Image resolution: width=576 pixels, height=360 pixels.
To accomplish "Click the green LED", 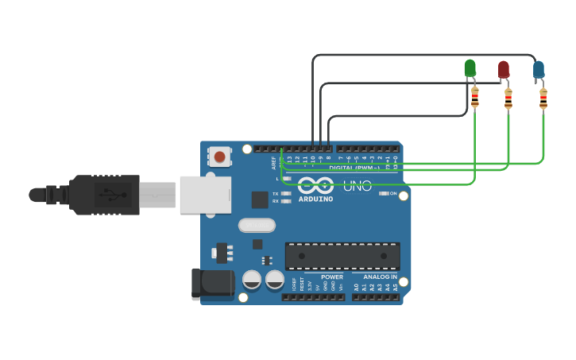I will click(470, 68).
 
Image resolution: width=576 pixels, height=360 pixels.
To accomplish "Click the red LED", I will click(504, 69).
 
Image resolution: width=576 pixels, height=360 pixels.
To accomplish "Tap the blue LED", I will click(539, 70).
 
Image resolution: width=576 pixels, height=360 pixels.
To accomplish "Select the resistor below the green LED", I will click(475, 98).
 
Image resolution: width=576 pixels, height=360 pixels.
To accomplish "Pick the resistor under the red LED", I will click(508, 99).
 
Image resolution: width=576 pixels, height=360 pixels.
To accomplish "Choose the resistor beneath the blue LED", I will click(543, 99).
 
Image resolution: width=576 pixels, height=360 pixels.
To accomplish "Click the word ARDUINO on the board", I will click(316, 199).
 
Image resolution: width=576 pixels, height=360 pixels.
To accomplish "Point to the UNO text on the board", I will click(358, 187).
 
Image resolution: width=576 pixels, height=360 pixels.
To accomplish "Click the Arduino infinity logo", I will click(316, 187).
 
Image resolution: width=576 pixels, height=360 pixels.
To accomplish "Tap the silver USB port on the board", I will click(205, 194).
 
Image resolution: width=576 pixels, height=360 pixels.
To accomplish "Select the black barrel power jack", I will click(212, 285).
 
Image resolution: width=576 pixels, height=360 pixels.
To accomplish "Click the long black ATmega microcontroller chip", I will click(342, 256).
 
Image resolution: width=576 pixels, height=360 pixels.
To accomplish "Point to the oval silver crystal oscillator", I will click(257, 226).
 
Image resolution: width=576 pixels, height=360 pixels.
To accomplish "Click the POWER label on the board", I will click(332, 277).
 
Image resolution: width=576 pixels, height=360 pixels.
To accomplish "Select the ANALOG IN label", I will click(381, 277).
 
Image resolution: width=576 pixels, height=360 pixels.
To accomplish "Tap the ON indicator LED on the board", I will click(385, 193).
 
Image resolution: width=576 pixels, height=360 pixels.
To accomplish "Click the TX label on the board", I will click(275, 193).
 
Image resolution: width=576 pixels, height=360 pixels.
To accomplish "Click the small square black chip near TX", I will click(260, 199).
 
